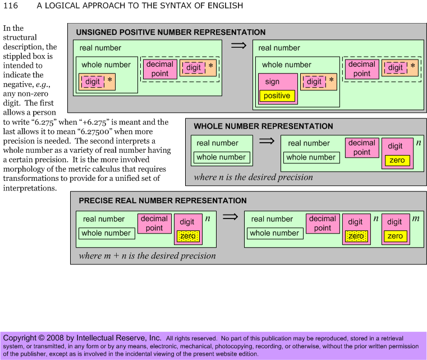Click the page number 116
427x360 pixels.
click(11, 6)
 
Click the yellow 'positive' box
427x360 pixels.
click(277, 96)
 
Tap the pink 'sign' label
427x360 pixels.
click(272, 81)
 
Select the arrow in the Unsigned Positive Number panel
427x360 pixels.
click(238, 45)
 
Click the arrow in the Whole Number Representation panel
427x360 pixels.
click(267, 141)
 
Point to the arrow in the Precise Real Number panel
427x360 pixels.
click(230, 217)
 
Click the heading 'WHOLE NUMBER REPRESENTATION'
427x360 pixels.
click(263, 126)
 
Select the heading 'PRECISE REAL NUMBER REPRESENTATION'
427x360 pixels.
click(163, 200)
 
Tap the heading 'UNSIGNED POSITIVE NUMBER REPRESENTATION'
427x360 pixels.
click(171, 32)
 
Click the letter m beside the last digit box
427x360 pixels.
click(416, 218)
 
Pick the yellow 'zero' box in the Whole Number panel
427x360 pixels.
click(397, 160)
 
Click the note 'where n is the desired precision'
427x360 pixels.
click(253, 177)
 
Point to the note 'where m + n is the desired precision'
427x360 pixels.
click(148, 256)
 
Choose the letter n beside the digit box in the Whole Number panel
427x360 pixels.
click(419, 143)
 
